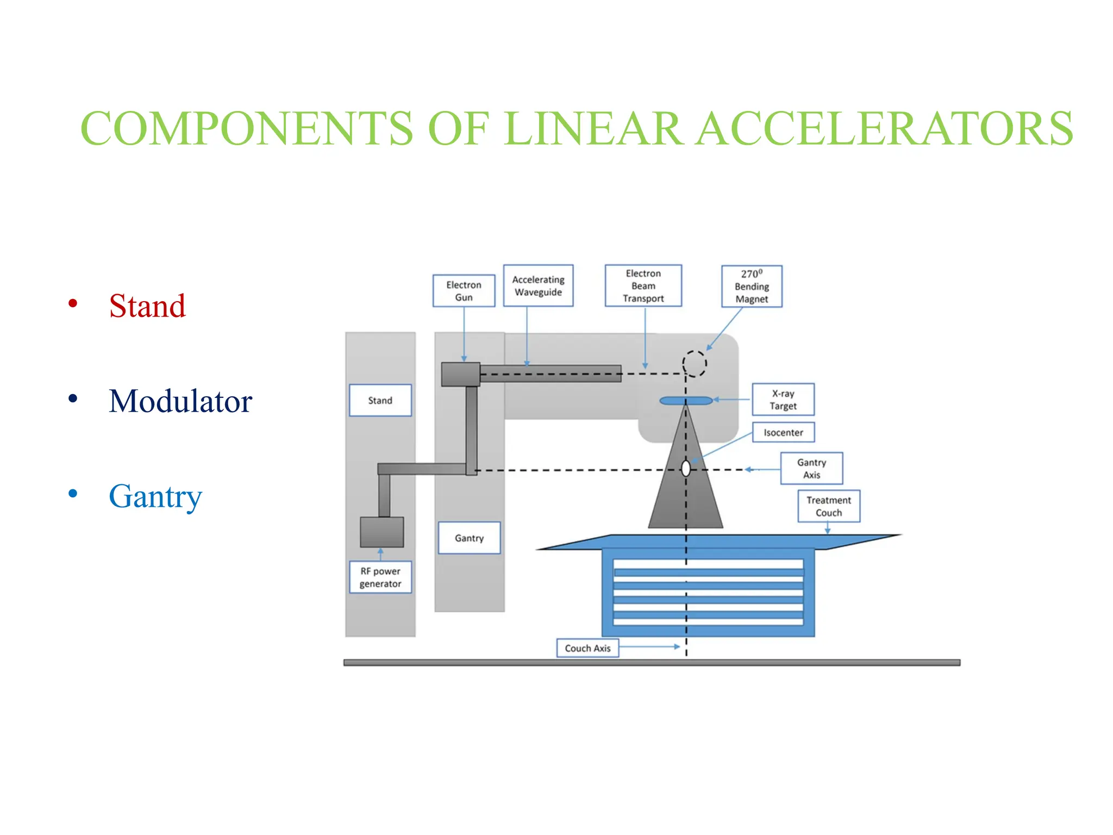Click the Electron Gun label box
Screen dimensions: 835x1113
coord(464,291)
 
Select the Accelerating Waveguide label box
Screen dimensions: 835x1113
coord(538,286)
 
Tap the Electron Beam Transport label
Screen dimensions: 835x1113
coord(643,286)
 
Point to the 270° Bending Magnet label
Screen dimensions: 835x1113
coord(752,286)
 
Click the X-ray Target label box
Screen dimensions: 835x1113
coord(783,400)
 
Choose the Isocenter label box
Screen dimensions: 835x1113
coord(783,433)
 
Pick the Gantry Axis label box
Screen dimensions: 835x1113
coord(811,468)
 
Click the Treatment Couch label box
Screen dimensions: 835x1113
coord(829,506)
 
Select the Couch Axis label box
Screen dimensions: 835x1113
coord(587,648)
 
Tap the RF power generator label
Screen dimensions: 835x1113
coord(380,577)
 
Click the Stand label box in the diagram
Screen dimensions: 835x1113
coord(380,401)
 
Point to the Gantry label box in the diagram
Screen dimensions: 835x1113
coord(469,538)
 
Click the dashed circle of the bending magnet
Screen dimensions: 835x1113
coord(694,363)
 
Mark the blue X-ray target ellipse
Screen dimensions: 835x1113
coord(685,401)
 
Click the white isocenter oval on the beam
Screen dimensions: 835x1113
coord(686,468)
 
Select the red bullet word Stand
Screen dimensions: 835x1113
coord(147,306)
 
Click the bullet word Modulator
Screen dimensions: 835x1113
coord(180,401)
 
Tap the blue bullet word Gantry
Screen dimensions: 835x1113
coord(155,496)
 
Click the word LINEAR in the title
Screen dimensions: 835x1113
coord(592,129)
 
